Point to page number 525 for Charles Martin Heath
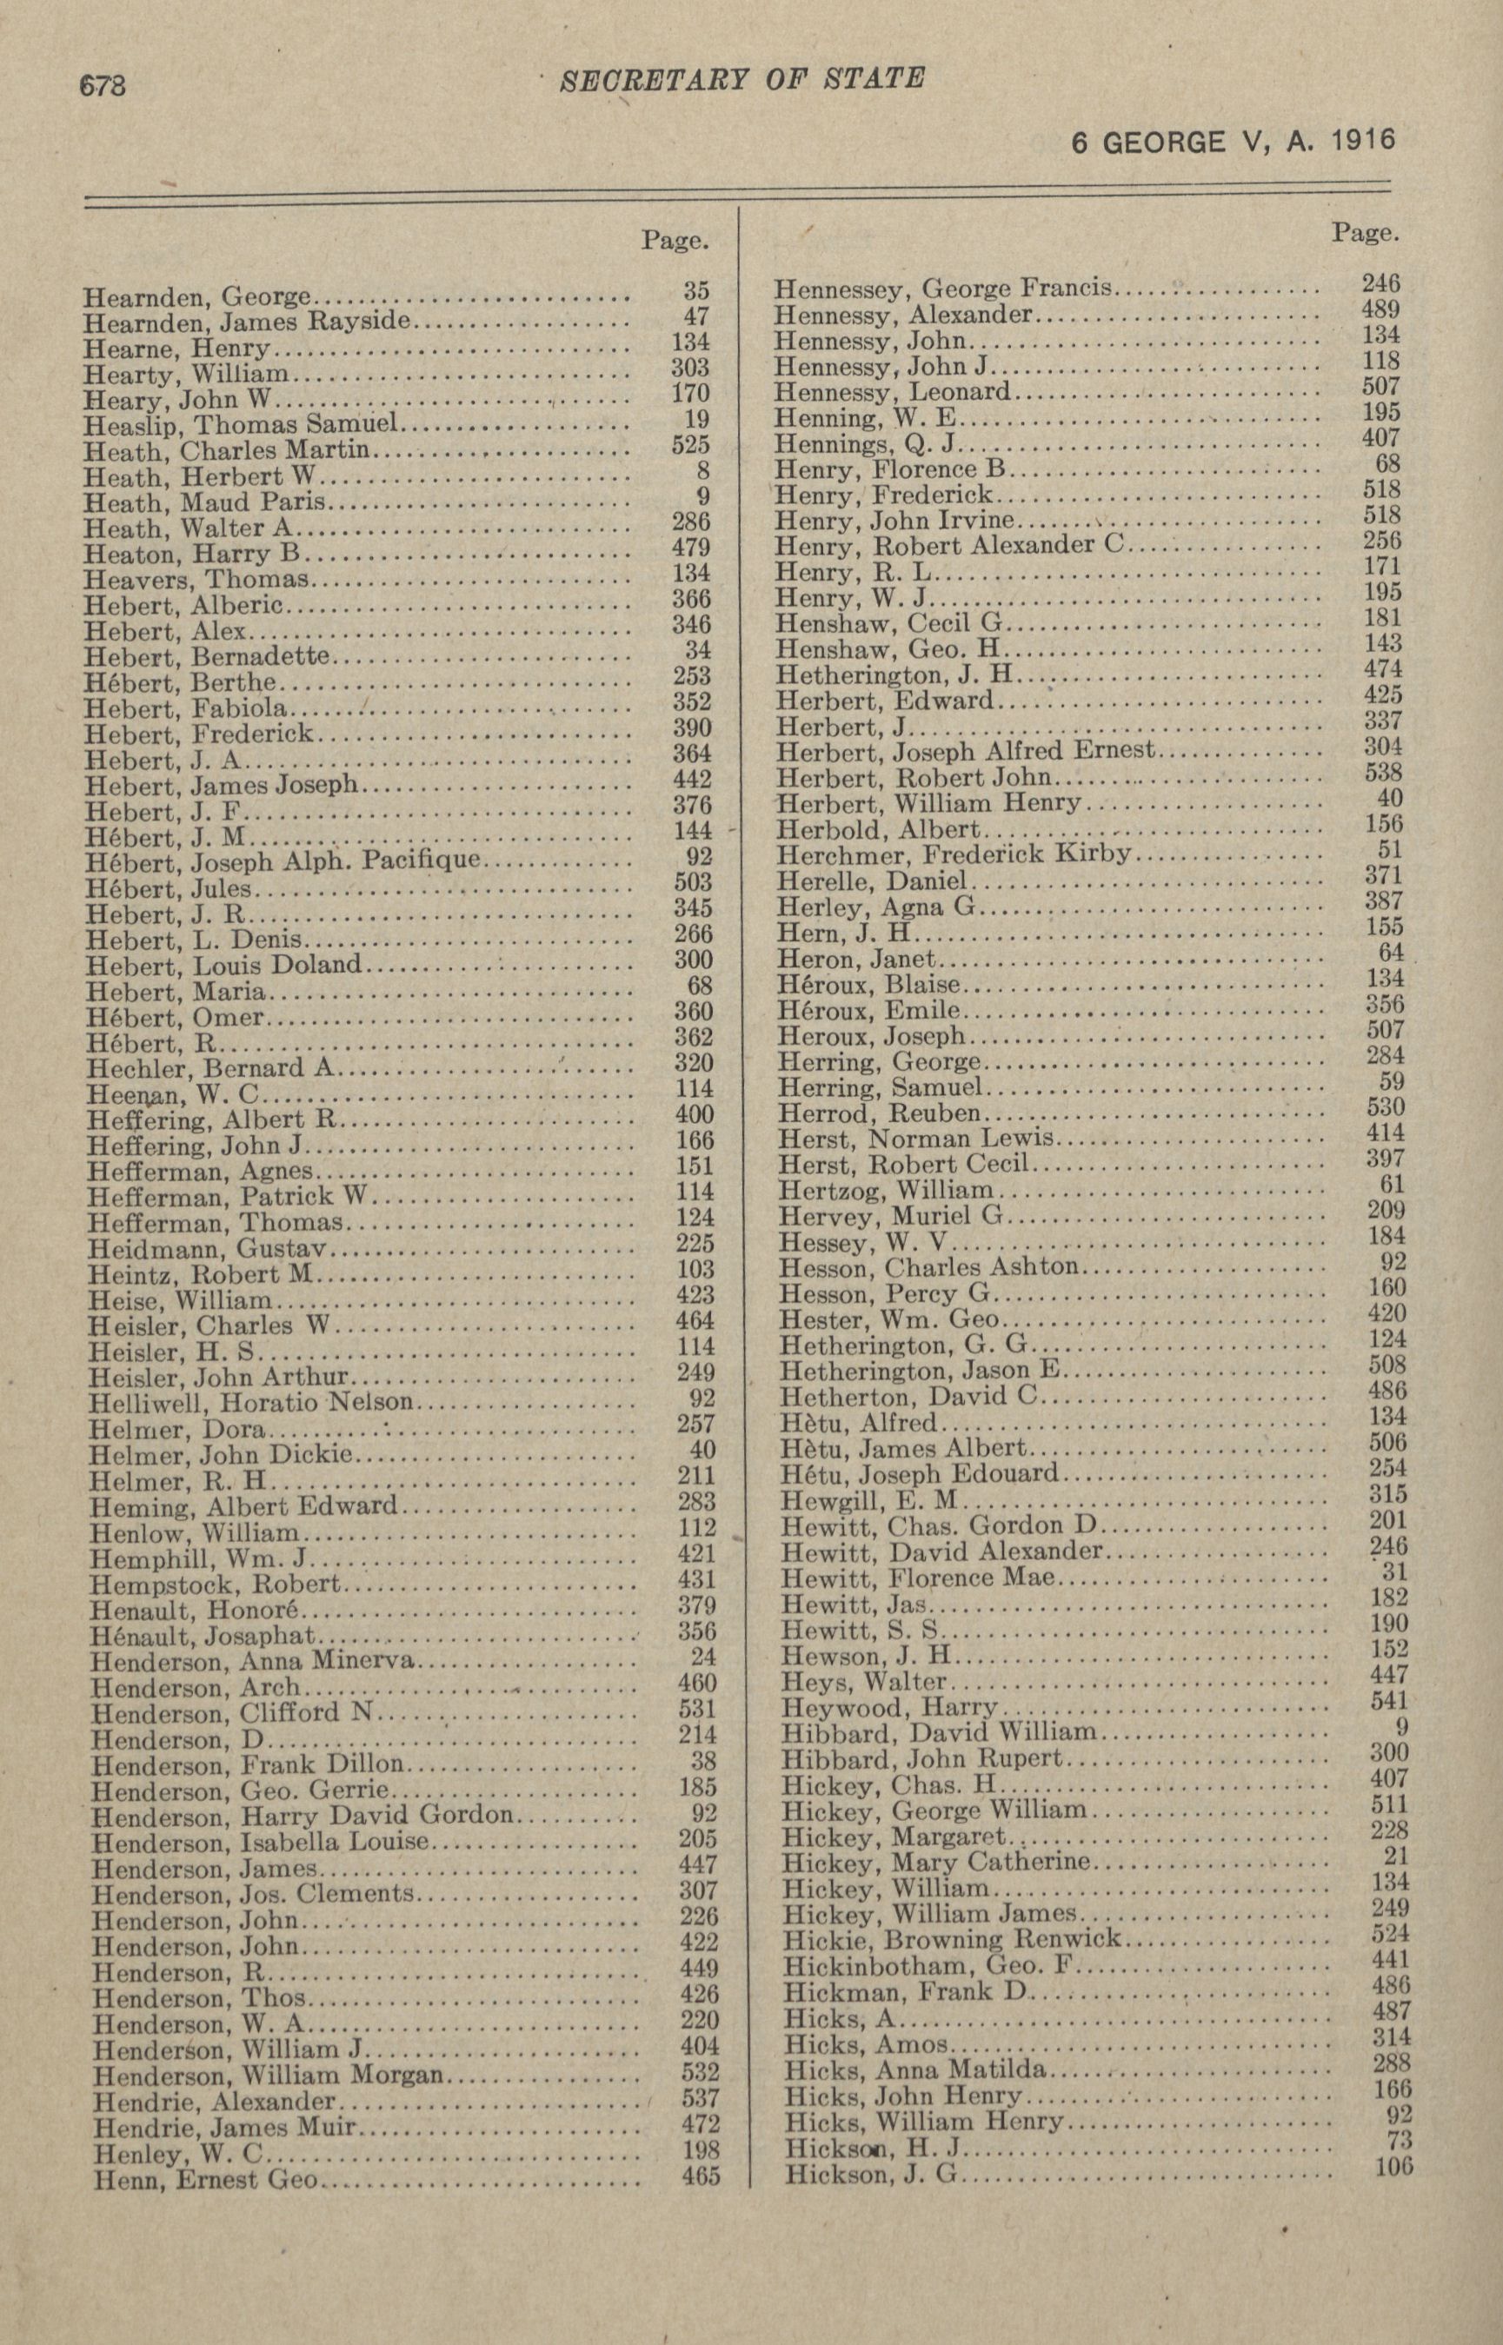pos(691,445)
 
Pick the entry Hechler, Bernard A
pos(209,1066)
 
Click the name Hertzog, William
pos(885,1191)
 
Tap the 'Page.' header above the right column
pos(1365,232)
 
